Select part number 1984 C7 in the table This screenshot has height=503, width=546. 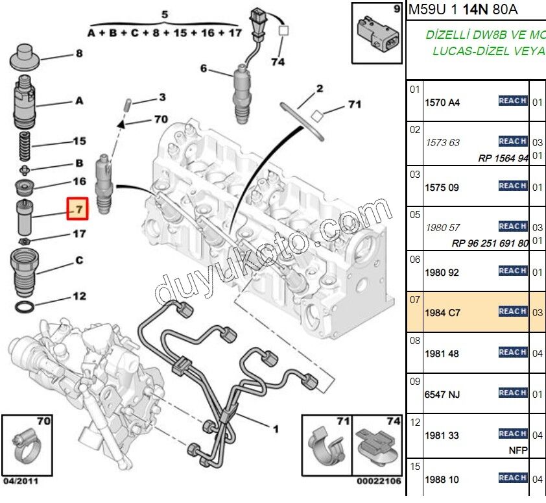[442, 313]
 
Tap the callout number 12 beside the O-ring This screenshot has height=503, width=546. [78, 296]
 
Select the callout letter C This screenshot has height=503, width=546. [79, 261]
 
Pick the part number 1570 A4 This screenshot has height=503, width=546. [442, 102]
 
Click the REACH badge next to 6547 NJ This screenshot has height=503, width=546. [512, 393]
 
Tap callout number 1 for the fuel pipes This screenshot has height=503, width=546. [275, 428]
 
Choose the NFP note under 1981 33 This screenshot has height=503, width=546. [518, 450]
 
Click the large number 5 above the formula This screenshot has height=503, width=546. [164, 14]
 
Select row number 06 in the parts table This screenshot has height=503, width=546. [414, 260]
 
